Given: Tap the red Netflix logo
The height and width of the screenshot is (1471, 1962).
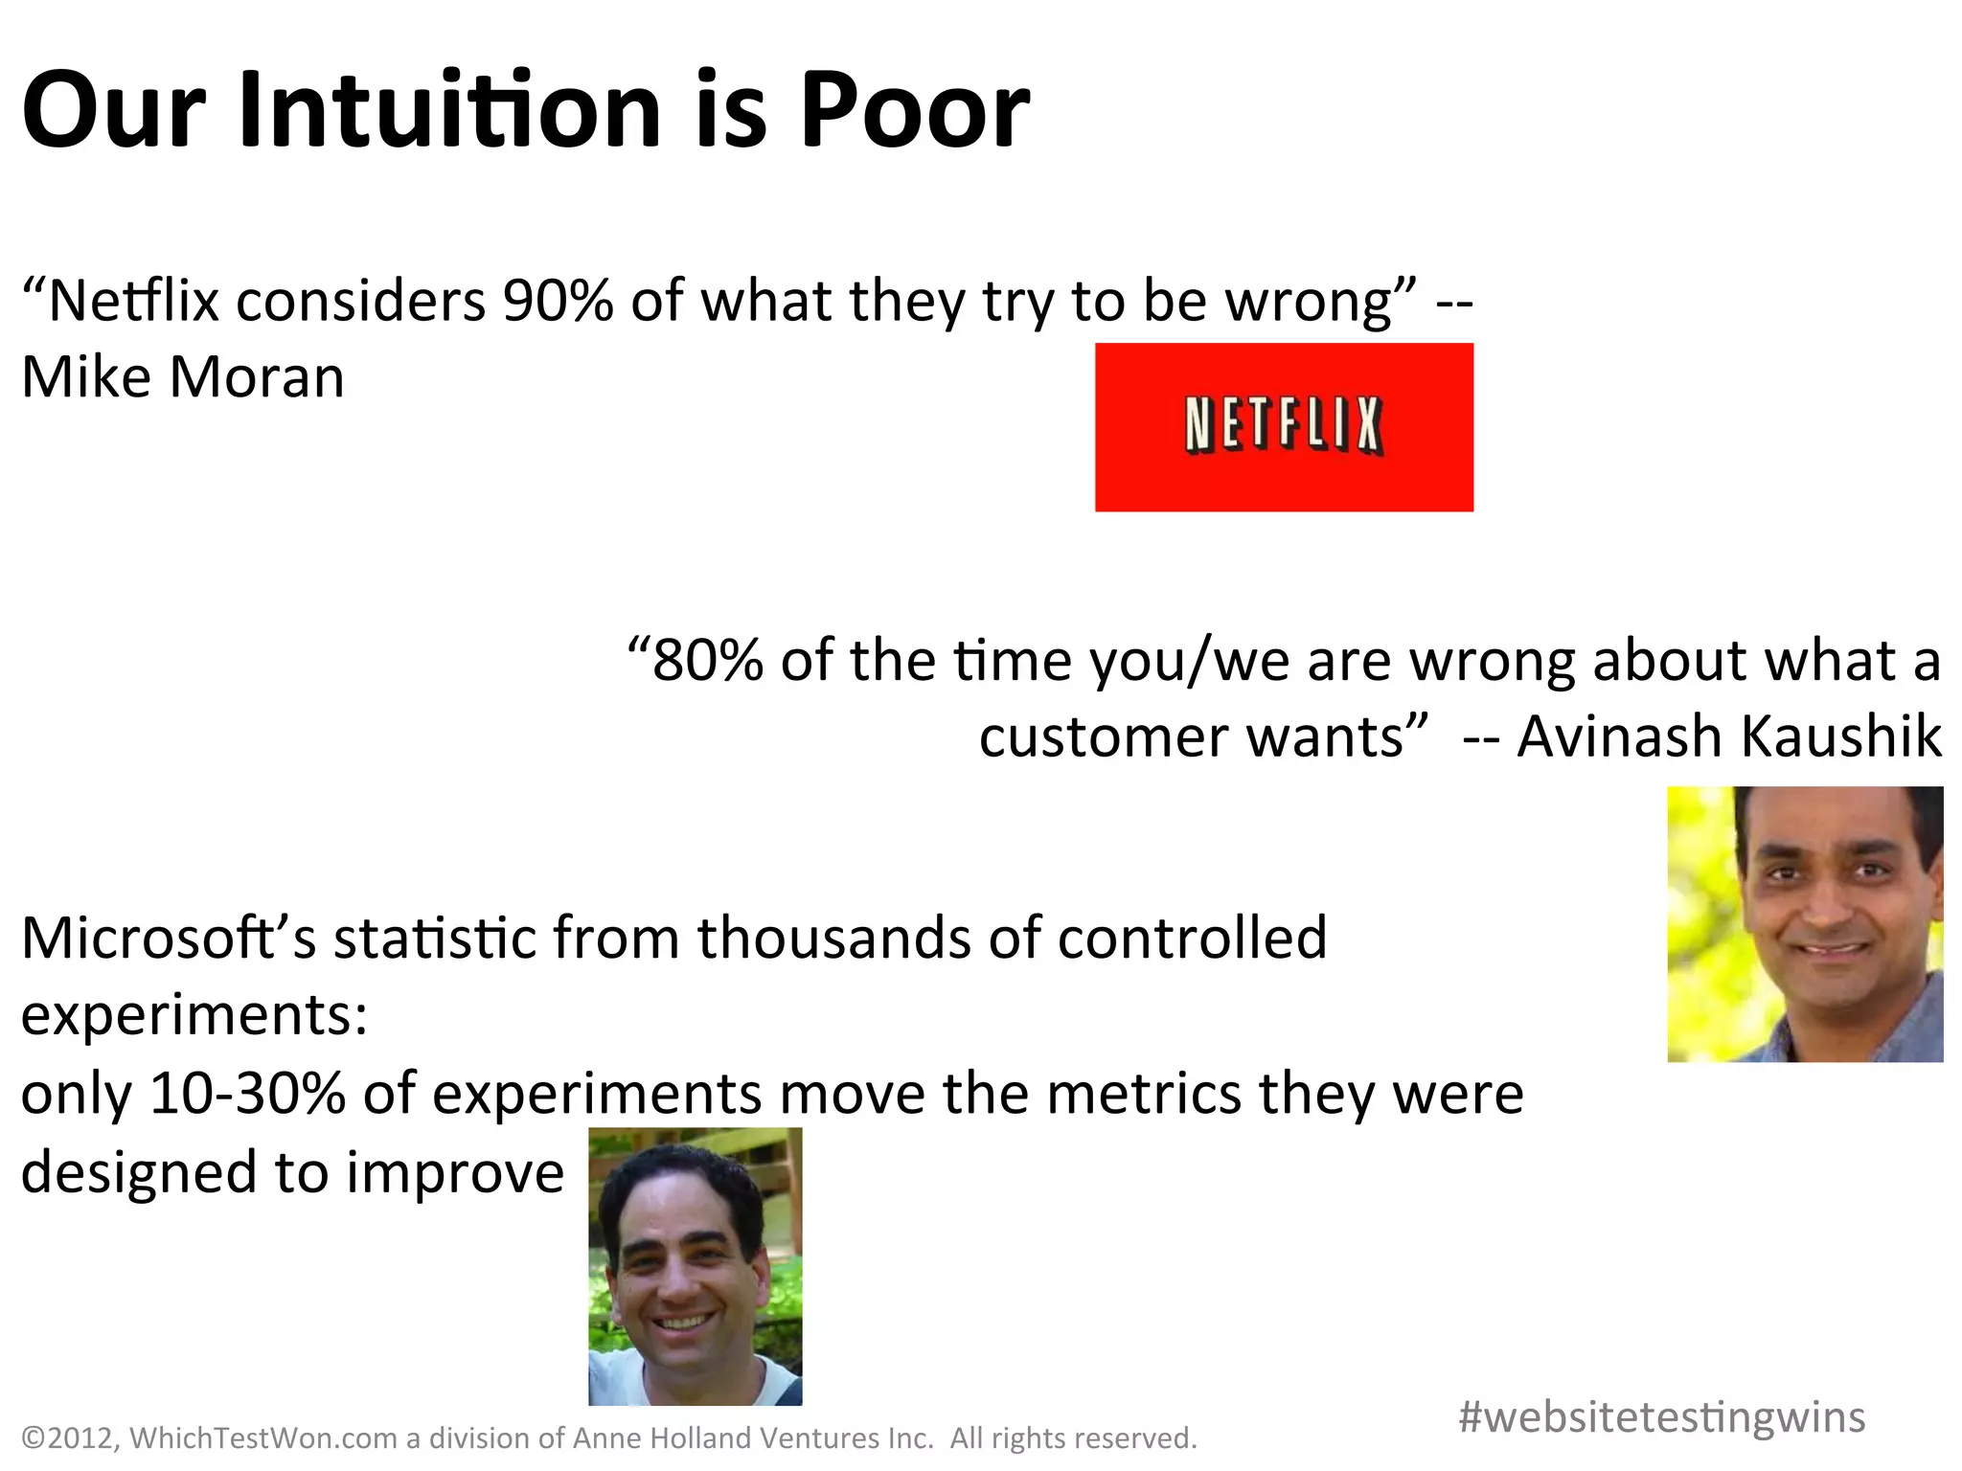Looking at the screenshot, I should [x=1284, y=427].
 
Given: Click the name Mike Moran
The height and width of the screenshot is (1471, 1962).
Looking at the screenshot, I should [x=182, y=376].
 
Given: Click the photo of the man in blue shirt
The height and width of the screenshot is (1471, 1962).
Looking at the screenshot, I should [x=1805, y=924].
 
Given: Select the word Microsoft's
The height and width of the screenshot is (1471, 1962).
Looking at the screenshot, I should [x=169, y=938].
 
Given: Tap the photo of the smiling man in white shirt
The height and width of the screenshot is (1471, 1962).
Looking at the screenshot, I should [x=695, y=1266].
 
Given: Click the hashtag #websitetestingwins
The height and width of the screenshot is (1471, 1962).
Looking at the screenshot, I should [x=1661, y=1416].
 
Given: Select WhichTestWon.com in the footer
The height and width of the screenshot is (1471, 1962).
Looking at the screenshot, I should [x=263, y=1438].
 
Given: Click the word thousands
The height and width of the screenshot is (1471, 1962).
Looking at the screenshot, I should [x=833, y=938].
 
